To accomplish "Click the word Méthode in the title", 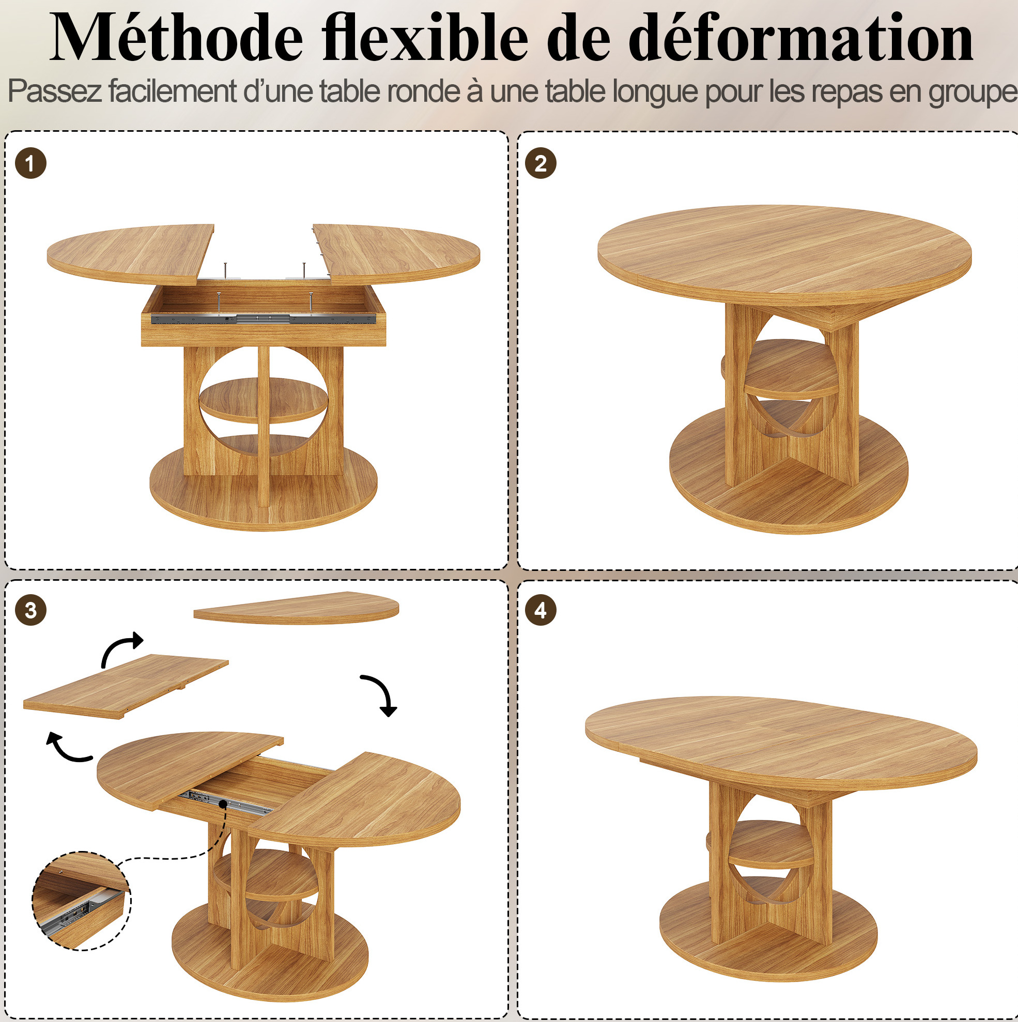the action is pos(176,38).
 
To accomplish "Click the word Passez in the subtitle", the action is pos(54,91).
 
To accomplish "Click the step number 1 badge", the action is pos(30,163).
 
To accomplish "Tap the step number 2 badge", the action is pos(540,163).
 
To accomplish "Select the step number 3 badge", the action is pos(30,610).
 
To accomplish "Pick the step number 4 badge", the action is pos(540,610).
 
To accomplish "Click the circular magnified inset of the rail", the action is pos(82,902).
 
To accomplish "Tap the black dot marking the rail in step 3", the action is pos(223,804).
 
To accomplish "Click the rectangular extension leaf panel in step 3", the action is pos(126,686).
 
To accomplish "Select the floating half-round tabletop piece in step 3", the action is pos(296,608).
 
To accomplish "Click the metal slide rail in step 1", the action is pos(264,318).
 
